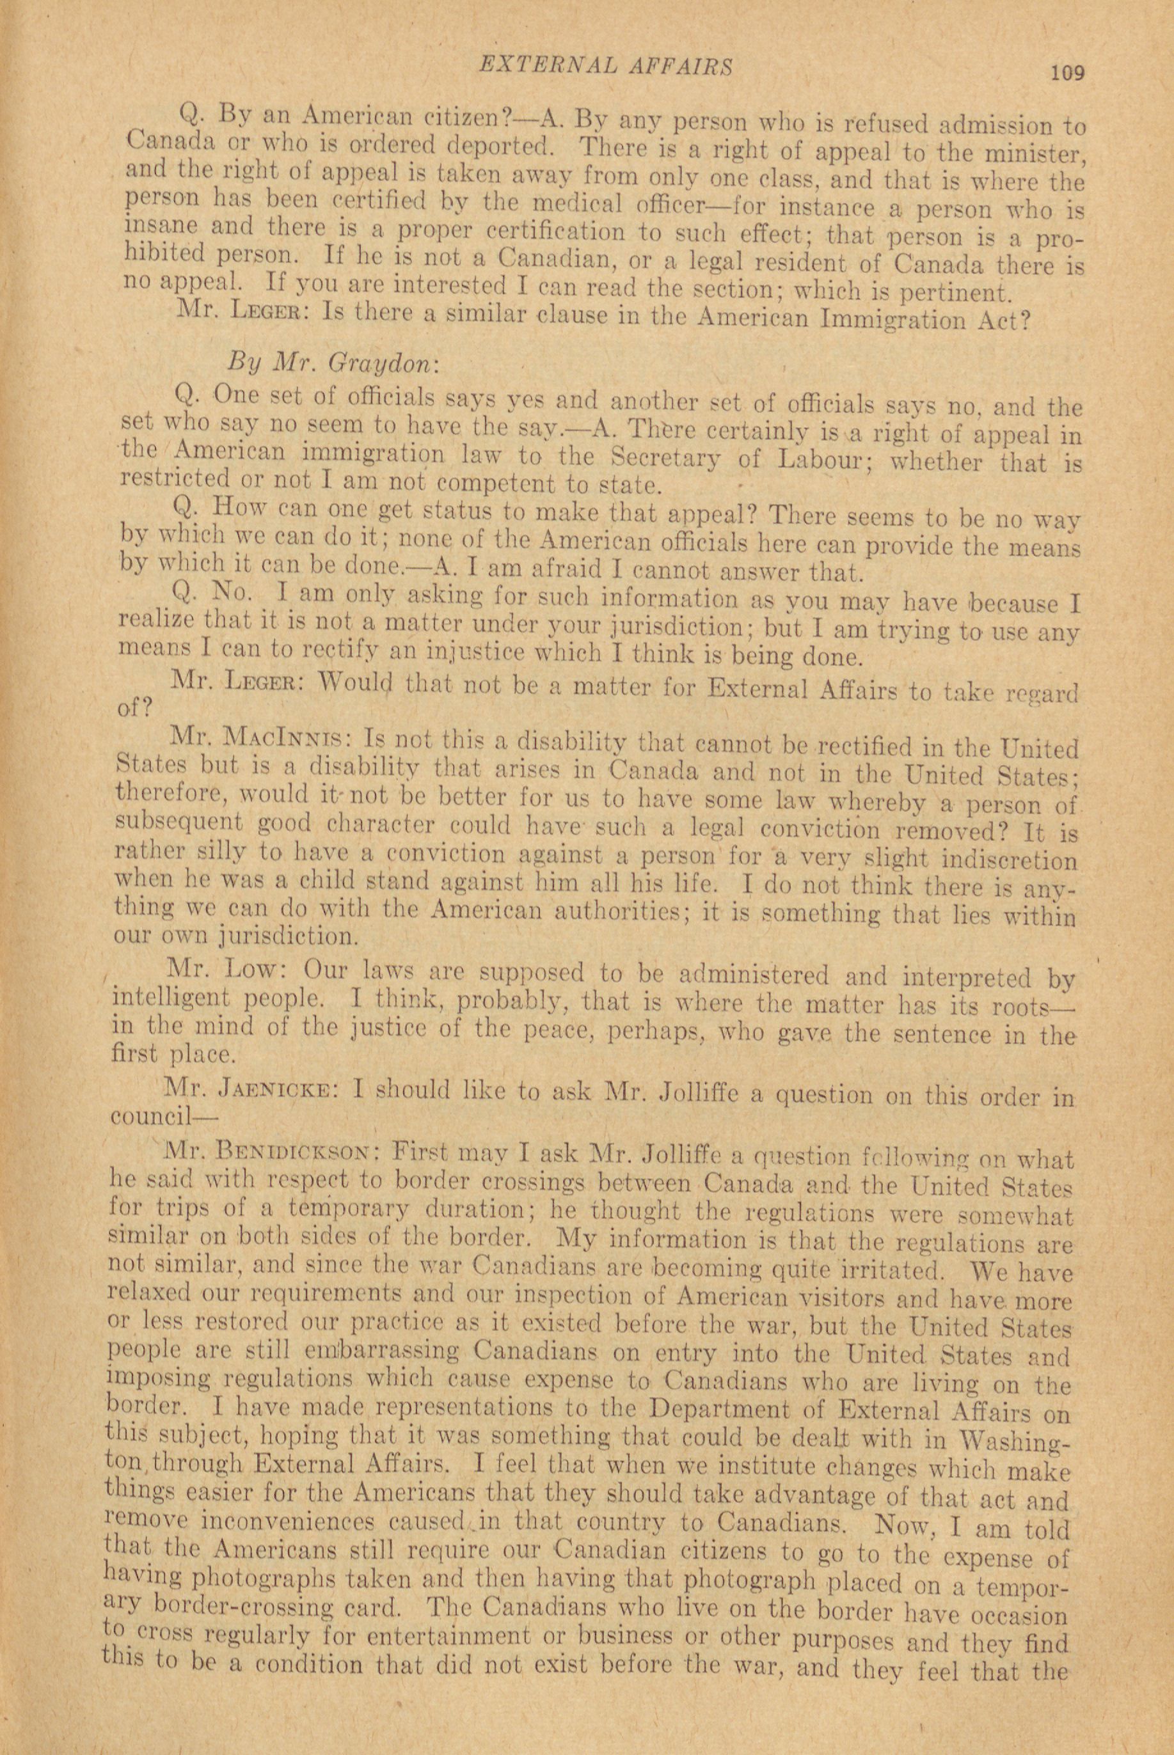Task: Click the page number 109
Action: click(x=1067, y=73)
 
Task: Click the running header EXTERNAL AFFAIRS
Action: click(x=605, y=65)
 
